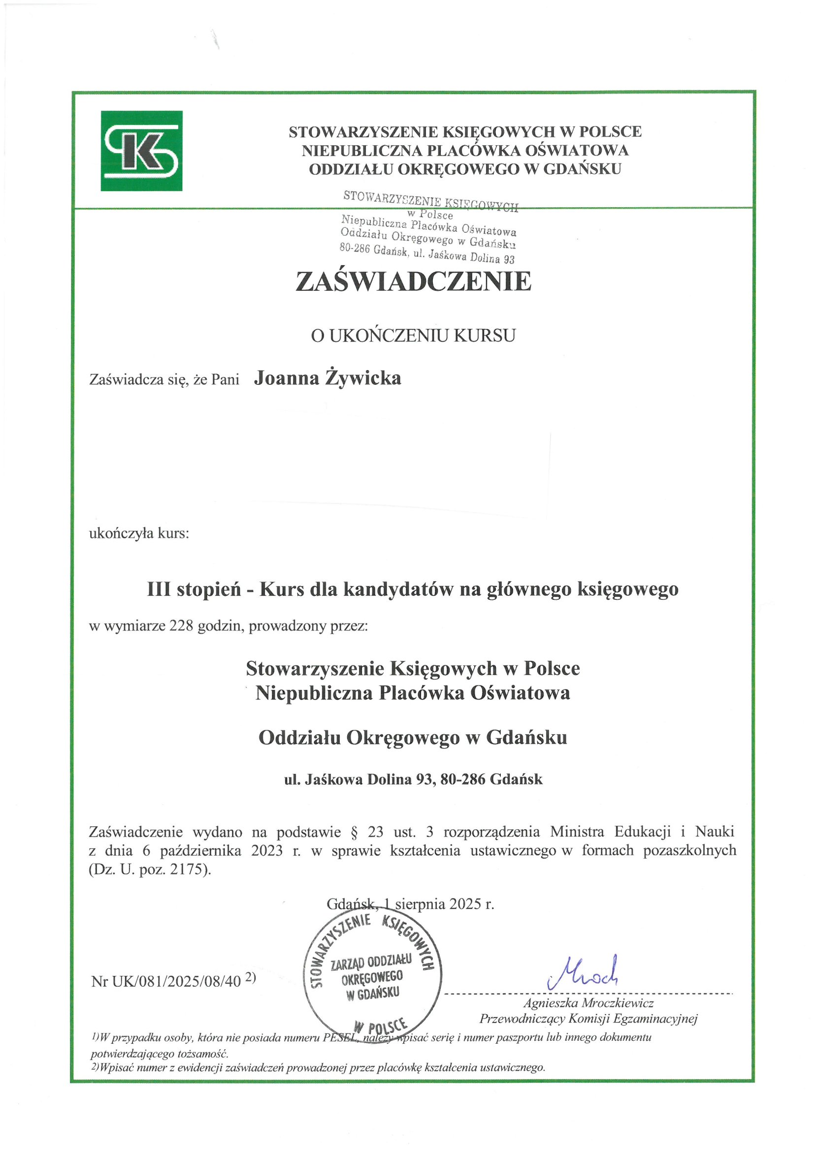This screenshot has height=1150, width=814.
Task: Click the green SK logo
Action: (141, 151)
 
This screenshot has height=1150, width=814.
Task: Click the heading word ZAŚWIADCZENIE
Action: (413, 281)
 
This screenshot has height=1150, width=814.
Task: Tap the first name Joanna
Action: (286, 378)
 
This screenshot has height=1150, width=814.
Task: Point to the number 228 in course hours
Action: (181, 626)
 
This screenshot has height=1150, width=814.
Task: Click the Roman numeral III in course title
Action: (159, 589)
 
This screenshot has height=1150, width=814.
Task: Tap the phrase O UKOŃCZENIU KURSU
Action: (413, 336)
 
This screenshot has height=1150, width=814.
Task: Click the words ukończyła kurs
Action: (139, 533)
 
